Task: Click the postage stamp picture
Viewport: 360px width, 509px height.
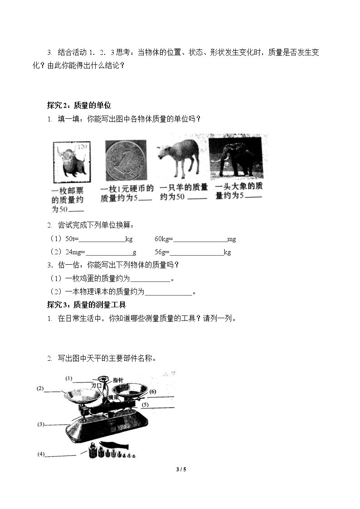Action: (x=72, y=162)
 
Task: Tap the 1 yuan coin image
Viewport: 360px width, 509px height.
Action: (x=126, y=160)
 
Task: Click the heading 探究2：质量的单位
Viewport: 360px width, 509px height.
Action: (x=79, y=105)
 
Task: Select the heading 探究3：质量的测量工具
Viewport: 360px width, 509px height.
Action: (x=86, y=305)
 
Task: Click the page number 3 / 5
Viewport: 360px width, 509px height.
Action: (x=181, y=470)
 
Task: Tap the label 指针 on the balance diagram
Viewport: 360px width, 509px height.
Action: (x=118, y=380)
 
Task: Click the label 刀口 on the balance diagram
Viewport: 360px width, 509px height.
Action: (x=97, y=386)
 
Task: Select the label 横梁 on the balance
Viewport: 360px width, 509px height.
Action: (x=114, y=398)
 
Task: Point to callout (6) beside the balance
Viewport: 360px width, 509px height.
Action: (x=153, y=392)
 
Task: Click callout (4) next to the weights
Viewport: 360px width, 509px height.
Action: (x=41, y=454)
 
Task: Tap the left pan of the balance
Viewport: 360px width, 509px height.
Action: (x=82, y=397)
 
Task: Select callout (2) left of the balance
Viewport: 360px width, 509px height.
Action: (x=40, y=388)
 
